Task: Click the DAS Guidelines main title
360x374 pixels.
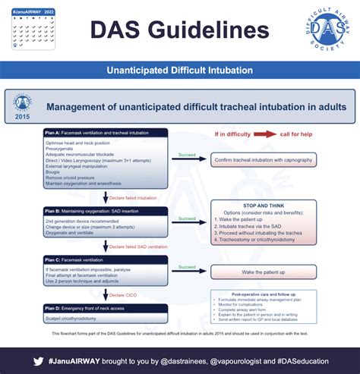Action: [x=179, y=30]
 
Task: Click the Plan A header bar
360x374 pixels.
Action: [x=105, y=134]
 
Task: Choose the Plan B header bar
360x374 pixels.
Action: [x=105, y=210]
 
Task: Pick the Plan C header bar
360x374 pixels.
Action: [x=105, y=260]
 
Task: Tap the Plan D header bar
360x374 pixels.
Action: [x=105, y=307]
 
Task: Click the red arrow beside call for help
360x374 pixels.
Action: [x=265, y=134]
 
